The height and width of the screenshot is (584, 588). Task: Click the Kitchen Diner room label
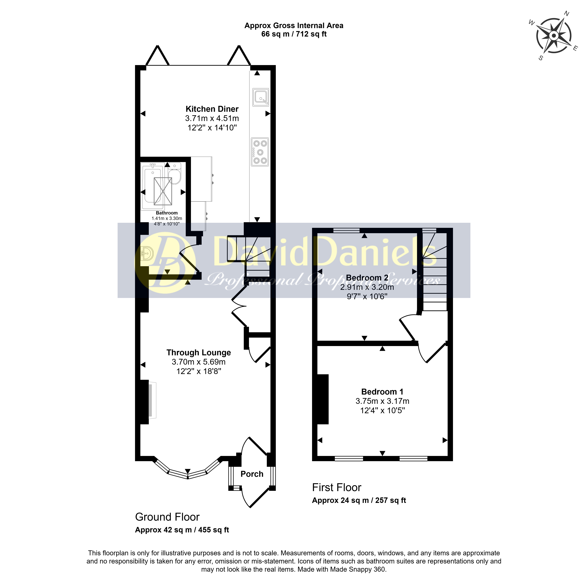pyautogui.click(x=212, y=109)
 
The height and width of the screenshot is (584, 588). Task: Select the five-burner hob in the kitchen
pyautogui.click(x=260, y=152)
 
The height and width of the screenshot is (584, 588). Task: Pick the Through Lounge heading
pyautogui.click(x=199, y=353)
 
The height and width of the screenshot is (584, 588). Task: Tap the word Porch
pyautogui.click(x=252, y=474)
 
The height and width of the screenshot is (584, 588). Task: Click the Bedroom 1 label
pyautogui.click(x=382, y=392)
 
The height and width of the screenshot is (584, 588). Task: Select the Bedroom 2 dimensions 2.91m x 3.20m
pyautogui.click(x=367, y=287)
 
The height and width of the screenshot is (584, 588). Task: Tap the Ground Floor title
pyautogui.click(x=167, y=517)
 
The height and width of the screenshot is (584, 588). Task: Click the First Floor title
pyautogui.click(x=337, y=487)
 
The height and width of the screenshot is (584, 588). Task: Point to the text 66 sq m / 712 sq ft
pyautogui.click(x=294, y=34)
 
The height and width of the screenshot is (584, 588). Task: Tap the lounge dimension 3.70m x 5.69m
pyautogui.click(x=199, y=362)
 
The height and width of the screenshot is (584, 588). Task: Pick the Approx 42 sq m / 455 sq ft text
pyautogui.click(x=182, y=530)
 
